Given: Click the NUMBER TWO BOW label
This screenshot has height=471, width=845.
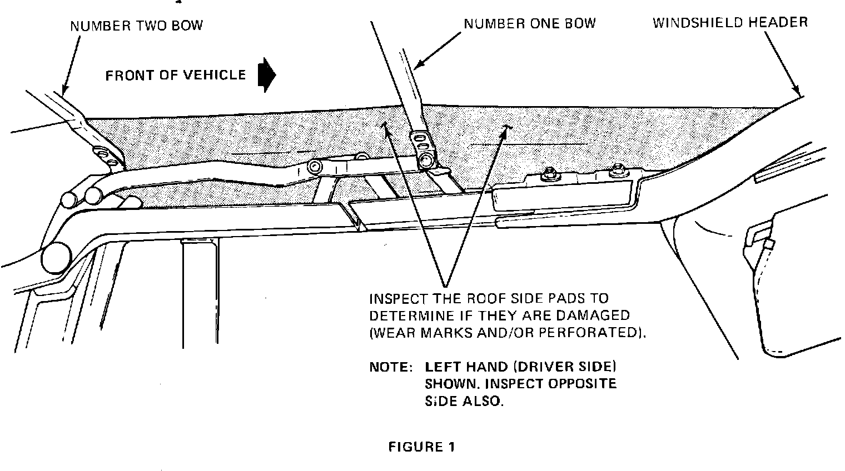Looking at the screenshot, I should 136,26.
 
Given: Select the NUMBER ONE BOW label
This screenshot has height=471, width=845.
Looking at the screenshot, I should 530,23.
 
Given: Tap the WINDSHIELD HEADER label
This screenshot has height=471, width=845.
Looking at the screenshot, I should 730,23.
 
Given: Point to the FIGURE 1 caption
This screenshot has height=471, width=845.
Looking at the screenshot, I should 421,447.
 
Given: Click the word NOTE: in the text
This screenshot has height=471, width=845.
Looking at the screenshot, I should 391,367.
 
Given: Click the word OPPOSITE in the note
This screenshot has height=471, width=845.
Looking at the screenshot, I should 583,384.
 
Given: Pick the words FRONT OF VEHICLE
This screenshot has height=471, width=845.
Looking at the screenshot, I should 176,75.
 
